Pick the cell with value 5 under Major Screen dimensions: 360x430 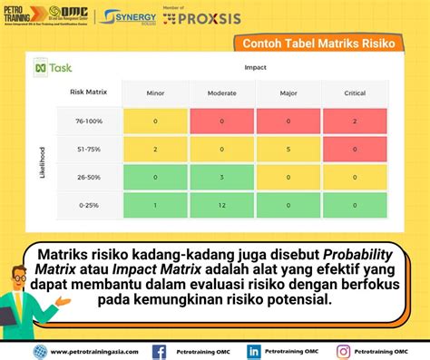pos(288,150)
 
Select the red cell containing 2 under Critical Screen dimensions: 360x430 pos(356,121)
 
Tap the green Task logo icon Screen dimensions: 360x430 pos(41,68)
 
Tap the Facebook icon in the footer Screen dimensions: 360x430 pos(159,351)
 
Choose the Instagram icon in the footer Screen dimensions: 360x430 pos(344,351)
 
